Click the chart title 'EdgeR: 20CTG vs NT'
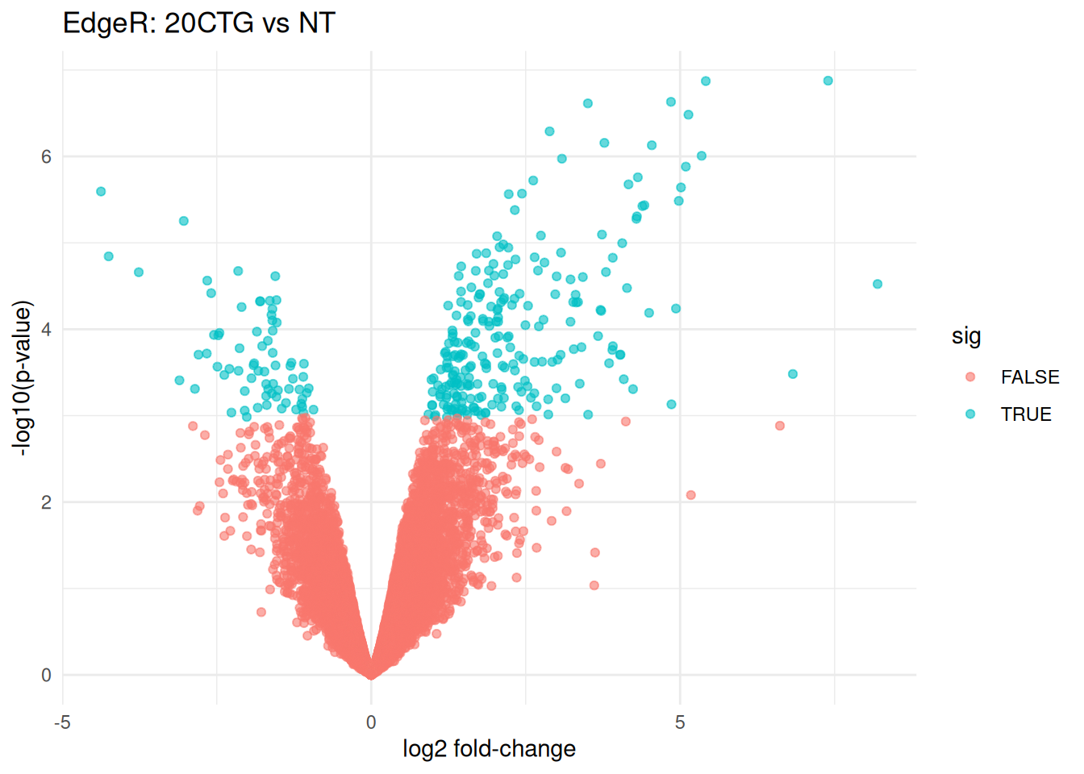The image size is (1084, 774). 198,23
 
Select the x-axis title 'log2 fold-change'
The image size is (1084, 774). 489,749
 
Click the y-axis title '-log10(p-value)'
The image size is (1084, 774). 23,378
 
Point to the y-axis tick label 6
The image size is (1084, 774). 46,156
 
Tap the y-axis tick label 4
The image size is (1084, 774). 46,330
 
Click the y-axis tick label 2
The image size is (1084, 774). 46,502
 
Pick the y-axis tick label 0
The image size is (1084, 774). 46,676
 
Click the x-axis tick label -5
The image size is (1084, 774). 62,722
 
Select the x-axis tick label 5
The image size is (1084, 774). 680,722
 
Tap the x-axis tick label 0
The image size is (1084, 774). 371,722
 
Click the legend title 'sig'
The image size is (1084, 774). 966,335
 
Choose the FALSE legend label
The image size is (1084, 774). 1030,377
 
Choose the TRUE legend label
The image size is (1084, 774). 1026,414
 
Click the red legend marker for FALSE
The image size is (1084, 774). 970,377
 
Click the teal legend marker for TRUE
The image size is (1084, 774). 970,414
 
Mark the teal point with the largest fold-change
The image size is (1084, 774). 878,284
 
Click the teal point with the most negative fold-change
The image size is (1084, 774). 101,192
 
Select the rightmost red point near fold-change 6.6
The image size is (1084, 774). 780,426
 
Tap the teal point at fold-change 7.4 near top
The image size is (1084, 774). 828,81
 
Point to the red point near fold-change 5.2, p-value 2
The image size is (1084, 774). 690,495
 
